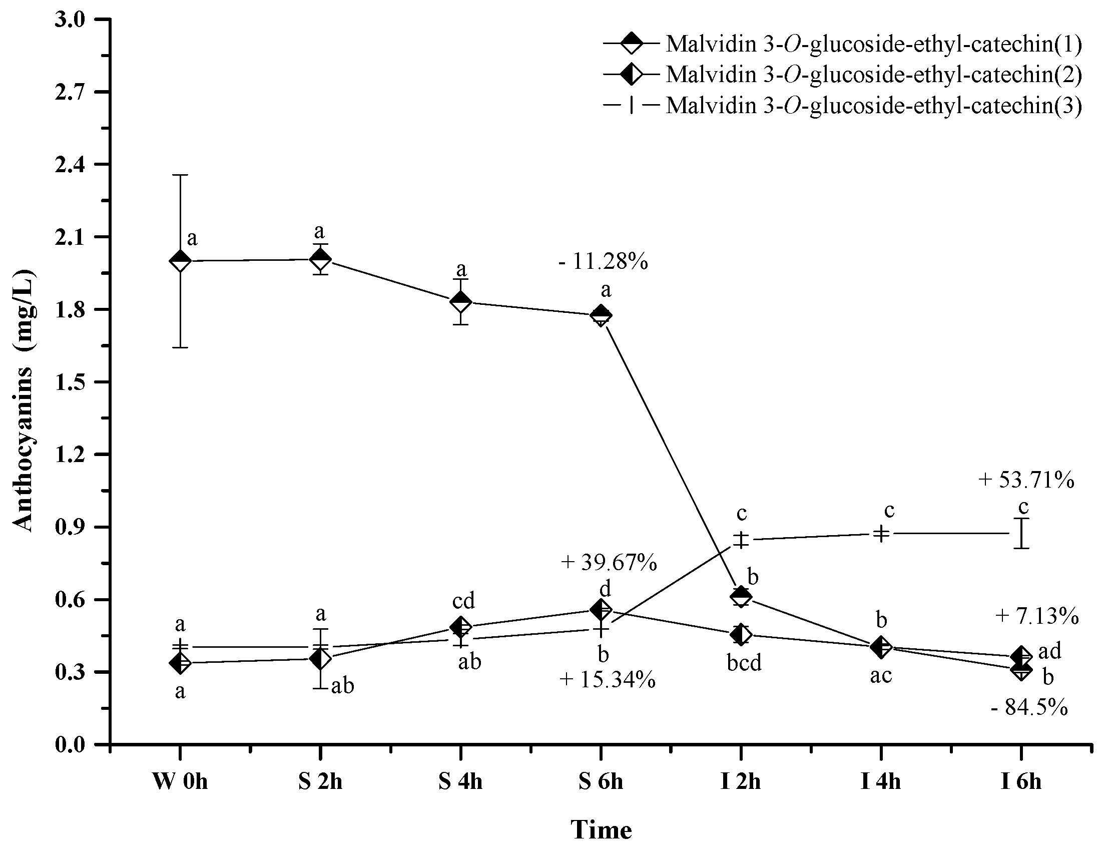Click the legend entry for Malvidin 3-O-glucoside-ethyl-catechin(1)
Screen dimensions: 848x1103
tap(873, 44)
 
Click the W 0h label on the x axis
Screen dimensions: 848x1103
tap(180, 782)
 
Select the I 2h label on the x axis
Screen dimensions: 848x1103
tap(741, 782)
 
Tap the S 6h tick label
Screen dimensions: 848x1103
tap(601, 782)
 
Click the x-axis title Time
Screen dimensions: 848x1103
tap(601, 829)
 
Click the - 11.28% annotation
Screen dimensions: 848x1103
tap(603, 261)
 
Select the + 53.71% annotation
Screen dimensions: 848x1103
tap(1026, 480)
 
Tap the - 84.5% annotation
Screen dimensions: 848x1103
tap(1029, 708)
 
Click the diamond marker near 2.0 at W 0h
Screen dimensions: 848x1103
tap(180, 261)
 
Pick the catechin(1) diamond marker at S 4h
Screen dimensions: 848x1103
tap(460, 302)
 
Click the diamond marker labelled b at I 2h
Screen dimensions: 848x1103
tap(741, 597)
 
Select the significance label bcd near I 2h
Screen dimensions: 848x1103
tap(744, 663)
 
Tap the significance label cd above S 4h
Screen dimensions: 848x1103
tap(463, 601)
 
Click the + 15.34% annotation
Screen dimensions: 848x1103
tap(608, 680)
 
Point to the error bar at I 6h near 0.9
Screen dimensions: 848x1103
tap(1021, 533)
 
